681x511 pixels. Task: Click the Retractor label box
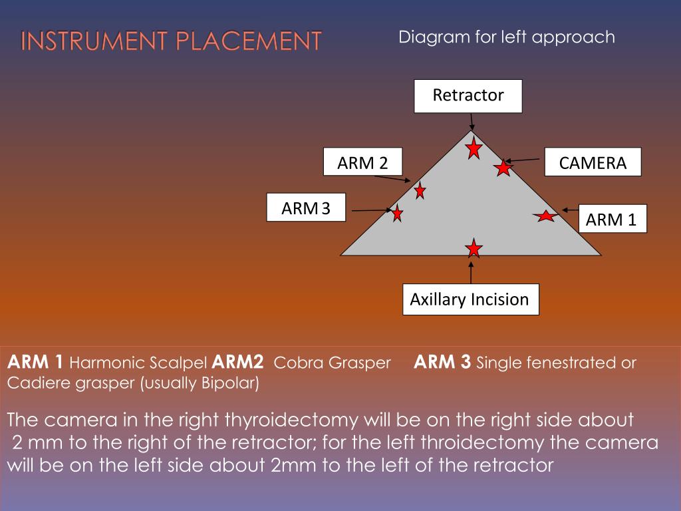click(x=468, y=96)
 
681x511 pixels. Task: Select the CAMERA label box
click(x=593, y=162)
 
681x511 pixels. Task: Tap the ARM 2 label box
click(x=362, y=162)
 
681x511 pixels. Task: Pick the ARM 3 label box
click(x=306, y=208)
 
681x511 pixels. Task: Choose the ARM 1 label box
click(x=613, y=218)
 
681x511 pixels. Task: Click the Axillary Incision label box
click(x=471, y=299)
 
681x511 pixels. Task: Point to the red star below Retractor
click(x=474, y=148)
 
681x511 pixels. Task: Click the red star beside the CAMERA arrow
click(x=503, y=167)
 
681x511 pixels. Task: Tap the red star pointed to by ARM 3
click(x=397, y=213)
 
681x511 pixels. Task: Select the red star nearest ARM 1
click(x=545, y=216)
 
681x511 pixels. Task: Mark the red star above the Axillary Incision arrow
click(x=474, y=248)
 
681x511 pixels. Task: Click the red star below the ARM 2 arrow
click(x=420, y=190)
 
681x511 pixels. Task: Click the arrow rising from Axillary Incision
click(x=471, y=271)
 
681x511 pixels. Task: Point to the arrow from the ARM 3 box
click(x=372, y=210)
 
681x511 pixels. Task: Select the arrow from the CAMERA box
click(x=522, y=160)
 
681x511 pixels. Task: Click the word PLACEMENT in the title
click(x=249, y=41)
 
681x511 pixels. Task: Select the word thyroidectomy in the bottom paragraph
click(x=291, y=421)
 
